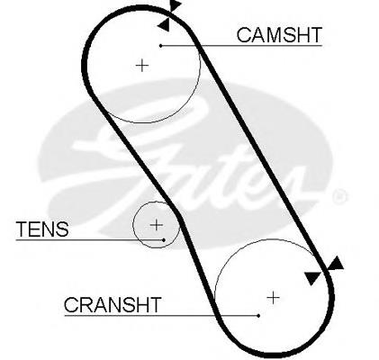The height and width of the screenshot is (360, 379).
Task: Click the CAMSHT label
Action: pyautogui.click(x=279, y=35)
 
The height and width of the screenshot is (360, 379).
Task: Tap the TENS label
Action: pyautogui.click(x=42, y=229)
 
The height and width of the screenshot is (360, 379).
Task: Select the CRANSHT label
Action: pyautogui.click(x=113, y=305)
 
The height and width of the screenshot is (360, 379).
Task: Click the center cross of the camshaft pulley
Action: pyautogui.click(x=142, y=66)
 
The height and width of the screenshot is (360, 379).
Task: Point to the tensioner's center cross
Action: pyautogui.click(x=157, y=225)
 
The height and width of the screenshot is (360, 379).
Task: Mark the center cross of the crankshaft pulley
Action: pyautogui.click(x=273, y=298)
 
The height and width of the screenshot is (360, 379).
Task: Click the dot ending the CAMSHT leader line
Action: pyautogui.click(x=161, y=46)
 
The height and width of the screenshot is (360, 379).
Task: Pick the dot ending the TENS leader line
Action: pyautogui.click(x=164, y=240)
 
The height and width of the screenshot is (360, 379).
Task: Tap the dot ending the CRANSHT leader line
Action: pyautogui.click(x=258, y=316)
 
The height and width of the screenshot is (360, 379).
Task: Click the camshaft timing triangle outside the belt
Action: pyautogui.click(x=176, y=4)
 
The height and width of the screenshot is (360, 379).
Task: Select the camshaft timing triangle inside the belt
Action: pyautogui.click(x=165, y=24)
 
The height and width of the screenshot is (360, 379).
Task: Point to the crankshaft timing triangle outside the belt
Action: pyautogui.click(x=336, y=263)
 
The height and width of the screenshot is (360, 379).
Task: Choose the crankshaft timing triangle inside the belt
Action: pyautogui.click(x=312, y=278)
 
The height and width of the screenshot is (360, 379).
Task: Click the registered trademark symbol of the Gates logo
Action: pyautogui.click(x=340, y=196)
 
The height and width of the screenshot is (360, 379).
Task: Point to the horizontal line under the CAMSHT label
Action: pyautogui.click(x=241, y=46)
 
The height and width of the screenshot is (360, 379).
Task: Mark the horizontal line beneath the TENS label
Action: pyautogui.click(x=90, y=240)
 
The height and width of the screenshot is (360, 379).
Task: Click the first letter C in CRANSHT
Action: pyautogui.click(x=71, y=305)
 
